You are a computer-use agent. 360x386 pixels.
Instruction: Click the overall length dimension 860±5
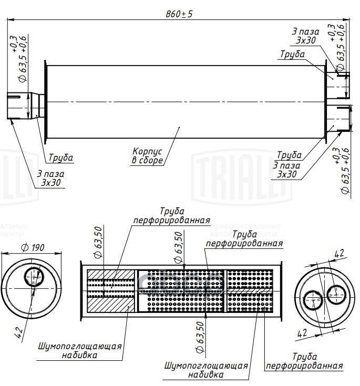(179, 14)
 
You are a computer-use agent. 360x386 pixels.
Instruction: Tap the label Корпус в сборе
(148, 156)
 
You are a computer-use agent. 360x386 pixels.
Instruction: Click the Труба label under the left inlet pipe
(61, 158)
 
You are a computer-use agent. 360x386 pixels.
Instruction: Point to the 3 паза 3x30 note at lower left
(50, 179)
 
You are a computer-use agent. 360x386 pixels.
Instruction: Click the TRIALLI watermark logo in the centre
(242, 173)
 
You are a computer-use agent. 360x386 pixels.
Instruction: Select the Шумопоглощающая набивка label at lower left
(80, 350)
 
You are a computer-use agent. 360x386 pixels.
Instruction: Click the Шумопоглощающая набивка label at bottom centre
(206, 370)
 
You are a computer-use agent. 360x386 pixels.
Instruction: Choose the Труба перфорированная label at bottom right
(304, 361)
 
